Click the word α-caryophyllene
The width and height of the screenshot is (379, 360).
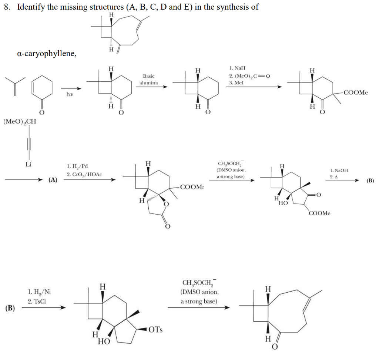pos(47,54)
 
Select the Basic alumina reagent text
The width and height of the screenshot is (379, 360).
pos(149,79)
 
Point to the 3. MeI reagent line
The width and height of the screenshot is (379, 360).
pos(237,83)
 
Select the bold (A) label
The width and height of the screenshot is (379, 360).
pos(54,180)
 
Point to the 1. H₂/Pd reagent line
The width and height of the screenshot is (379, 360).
pos(78,167)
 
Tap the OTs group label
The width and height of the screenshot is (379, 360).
pos(156,329)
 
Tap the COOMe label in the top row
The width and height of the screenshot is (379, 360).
pos(356,92)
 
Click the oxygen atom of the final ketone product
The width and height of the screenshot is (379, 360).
pos(274,348)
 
